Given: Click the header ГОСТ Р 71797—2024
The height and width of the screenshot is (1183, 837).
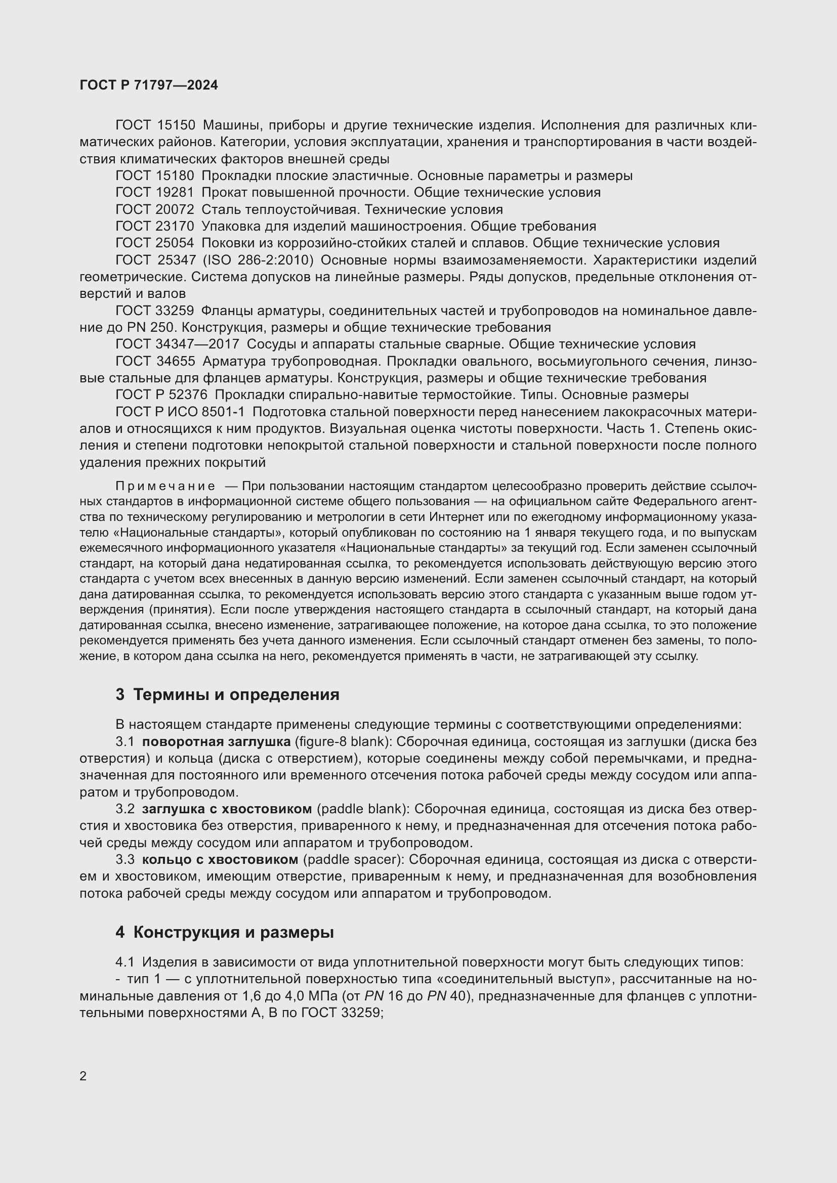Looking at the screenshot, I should [149, 85].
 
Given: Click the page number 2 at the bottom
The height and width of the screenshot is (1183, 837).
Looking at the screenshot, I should [83, 1076].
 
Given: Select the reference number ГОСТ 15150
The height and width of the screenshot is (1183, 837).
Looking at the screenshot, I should [155, 125].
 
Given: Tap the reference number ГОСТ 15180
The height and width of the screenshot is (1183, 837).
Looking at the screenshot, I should [155, 176].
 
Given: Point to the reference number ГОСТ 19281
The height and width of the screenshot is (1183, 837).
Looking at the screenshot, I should [155, 193].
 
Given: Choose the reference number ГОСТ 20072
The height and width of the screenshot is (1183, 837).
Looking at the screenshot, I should [155, 210].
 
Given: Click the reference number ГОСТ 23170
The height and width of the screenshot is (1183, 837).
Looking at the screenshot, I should [155, 226].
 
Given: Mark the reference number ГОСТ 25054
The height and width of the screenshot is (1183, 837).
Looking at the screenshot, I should [155, 243].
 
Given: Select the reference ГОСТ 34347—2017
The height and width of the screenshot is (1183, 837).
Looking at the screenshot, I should [177, 344].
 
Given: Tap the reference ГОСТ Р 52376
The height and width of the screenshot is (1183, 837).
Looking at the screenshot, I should [161, 395].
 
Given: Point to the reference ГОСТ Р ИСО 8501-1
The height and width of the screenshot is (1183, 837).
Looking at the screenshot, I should [180, 412].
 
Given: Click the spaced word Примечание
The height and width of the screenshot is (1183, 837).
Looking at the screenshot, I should [165, 487].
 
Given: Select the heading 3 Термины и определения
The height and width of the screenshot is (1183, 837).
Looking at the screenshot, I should [227, 694].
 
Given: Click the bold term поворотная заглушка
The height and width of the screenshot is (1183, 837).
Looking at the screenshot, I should [216, 742].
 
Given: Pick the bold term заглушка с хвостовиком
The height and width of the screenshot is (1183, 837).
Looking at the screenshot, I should [227, 809].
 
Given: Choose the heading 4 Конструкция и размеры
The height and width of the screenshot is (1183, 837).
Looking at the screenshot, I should [225, 932].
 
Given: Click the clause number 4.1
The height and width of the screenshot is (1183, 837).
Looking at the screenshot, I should [124, 962].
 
